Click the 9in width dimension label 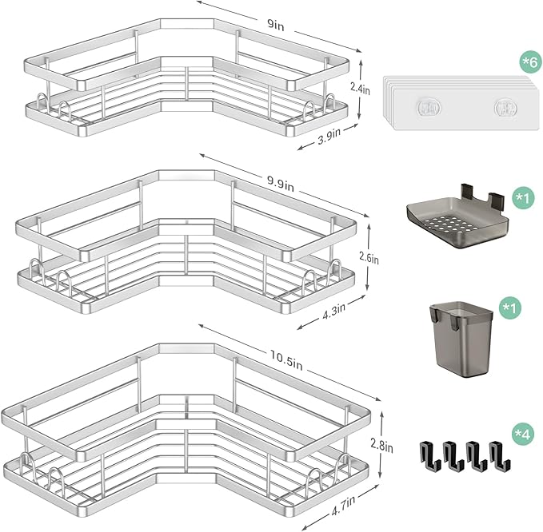pyautogui.click(x=276, y=25)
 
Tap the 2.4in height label pyautogui.click(x=360, y=89)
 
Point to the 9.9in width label pyautogui.click(x=280, y=184)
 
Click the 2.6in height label pyautogui.click(x=369, y=257)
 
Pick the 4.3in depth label pyautogui.click(x=333, y=308)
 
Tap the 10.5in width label pyautogui.click(x=286, y=359)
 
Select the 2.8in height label pyautogui.click(x=381, y=447)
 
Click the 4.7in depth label pyautogui.click(x=343, y=506)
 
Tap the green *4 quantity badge pyautogui.click(x=522, y=434)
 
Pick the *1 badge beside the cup pyautogui.click(x=510, y=308)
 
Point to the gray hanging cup pyautogui.click(x=461, y=339)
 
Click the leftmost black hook pyautogui.click(x=430, y=456)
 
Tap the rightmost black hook pyautogui.click(x=500, y=456)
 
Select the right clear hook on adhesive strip pyautogui.click(x=506, y=108)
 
